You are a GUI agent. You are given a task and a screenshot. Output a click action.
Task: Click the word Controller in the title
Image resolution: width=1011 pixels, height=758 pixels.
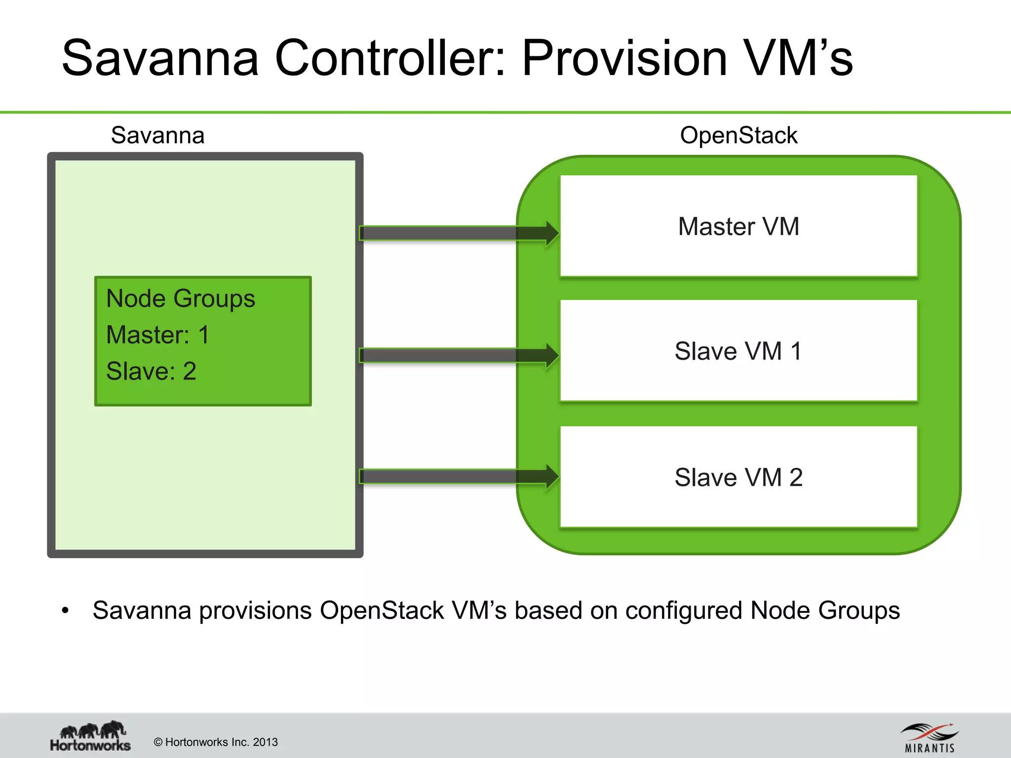390,58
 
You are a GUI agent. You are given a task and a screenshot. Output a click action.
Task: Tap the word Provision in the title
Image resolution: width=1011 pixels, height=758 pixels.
624,58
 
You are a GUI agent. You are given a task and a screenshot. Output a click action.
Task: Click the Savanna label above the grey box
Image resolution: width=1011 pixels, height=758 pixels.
157,135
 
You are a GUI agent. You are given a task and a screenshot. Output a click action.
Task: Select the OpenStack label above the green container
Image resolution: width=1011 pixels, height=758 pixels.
739,135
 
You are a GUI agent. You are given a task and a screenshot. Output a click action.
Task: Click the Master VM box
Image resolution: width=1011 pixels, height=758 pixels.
739,226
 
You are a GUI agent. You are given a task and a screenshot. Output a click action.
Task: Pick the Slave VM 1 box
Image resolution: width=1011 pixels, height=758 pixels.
739,351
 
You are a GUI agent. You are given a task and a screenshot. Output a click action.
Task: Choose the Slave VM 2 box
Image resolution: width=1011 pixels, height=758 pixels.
739,477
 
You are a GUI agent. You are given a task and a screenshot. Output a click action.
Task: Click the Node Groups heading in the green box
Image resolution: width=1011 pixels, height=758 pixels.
181,299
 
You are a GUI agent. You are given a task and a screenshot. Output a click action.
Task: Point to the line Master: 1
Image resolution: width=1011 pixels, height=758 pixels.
158,335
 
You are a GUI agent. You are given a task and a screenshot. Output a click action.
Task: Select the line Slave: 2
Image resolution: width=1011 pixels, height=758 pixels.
151,371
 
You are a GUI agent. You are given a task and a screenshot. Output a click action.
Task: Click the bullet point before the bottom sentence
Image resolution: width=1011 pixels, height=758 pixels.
65,611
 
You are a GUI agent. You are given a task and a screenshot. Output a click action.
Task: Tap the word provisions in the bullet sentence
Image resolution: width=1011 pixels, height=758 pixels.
255,611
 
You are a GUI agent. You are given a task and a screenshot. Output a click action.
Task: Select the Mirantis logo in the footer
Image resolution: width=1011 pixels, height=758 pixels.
930,738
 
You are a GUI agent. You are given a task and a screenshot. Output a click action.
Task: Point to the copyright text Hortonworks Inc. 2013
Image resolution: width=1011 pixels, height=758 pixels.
216,742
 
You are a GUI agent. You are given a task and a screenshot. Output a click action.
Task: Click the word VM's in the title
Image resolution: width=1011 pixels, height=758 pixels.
799,58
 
